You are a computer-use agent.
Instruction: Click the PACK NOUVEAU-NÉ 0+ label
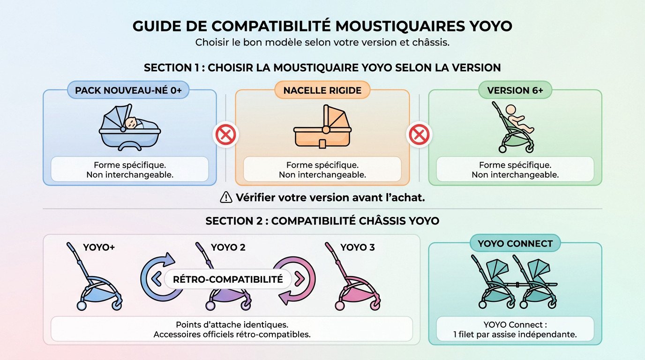coord(128,90)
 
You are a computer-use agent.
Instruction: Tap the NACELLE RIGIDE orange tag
coord(322,90)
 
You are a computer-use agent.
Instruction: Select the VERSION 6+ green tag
coord(515,90)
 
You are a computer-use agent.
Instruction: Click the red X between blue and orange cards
coord(225,135)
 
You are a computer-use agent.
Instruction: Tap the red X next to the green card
coord(419,135)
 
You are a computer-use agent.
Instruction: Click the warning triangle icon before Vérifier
coord(226,198)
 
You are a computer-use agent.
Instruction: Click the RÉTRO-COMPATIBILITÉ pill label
coord(228,280)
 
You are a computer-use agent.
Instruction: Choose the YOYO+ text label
coord(99,247)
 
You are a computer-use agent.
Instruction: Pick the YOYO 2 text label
coord(228,247)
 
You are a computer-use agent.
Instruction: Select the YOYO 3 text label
coord(357,247)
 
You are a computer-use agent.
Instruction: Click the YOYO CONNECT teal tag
coord(515,244)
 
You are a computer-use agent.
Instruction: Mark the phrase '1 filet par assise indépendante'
coord(515,335)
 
